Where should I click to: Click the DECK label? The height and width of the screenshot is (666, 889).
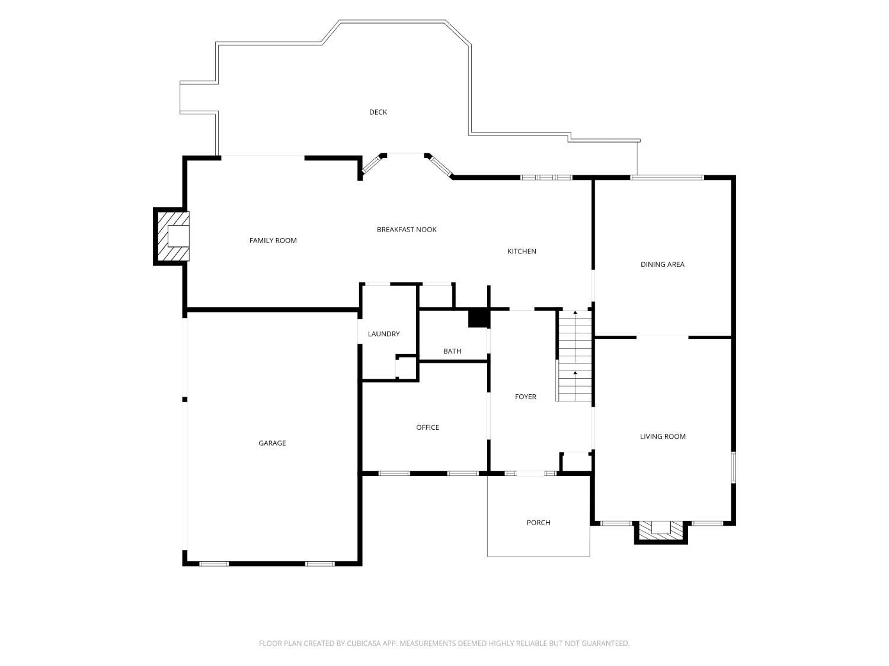(378, 112)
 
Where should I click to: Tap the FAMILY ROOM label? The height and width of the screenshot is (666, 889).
(273, 240)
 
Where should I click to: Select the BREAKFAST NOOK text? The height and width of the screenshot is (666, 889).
(407, 229)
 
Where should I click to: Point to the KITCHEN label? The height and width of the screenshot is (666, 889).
(522, 251)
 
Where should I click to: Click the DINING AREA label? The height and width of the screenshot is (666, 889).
(663, 264)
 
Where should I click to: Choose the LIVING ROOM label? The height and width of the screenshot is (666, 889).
(663, 436)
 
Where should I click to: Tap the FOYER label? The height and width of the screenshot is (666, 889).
(525, 397)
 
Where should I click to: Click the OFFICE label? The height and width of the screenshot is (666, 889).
(428, 427)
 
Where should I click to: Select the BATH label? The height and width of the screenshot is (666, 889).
(452, 351)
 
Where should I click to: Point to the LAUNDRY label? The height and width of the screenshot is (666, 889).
(383, 334)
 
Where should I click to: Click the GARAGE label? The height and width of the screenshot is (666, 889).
(272, 443)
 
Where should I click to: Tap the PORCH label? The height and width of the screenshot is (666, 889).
(538, 523)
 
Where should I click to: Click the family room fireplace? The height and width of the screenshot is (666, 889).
(172, 236)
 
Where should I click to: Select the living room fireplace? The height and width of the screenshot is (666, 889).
(661, 532)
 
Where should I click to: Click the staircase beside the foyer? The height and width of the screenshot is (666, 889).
(574, 355)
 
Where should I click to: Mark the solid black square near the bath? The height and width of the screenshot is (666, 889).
(478, 318)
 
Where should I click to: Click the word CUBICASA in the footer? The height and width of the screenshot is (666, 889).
(364, 643)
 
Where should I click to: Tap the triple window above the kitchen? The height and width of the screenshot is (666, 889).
(546, 178)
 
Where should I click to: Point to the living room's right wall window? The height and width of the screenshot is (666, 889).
(734, 467)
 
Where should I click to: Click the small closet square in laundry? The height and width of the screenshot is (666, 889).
(406, 368)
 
